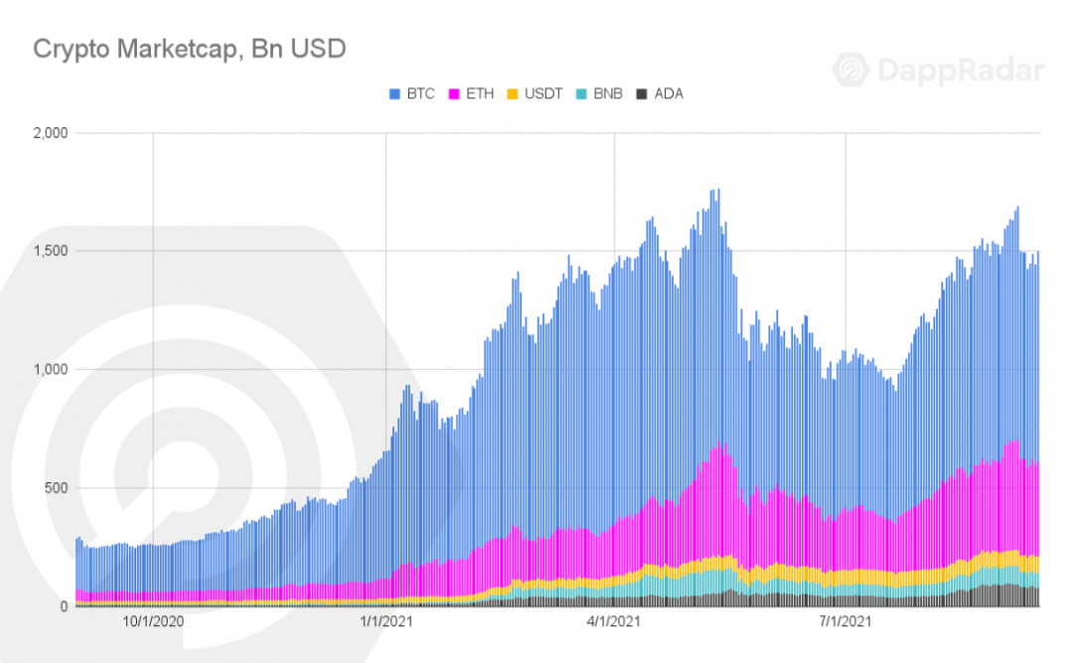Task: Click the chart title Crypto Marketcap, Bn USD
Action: [190, 50]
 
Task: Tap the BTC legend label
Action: [421, 93]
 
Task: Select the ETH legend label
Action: [480, 93]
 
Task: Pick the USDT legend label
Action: [543, 93]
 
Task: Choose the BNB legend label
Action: [608, 93]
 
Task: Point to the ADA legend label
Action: [669, 93]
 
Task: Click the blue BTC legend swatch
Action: [394, 93]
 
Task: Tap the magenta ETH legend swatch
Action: [454, 93]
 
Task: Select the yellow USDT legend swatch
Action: [513, 93]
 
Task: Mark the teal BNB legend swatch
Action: [581, 93]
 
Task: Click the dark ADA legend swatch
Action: [642, 93]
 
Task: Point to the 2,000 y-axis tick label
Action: [51, 133]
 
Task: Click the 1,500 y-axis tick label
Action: [51, 251]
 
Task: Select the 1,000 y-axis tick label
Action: [51, 370]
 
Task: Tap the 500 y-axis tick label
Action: [57, 488]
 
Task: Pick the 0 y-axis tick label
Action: [65, 606]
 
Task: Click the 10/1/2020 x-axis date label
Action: [153, 622]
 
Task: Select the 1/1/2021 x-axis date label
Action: [385, 622]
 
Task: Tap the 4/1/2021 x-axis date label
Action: [614, 622]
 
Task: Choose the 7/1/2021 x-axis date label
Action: [845, 622]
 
